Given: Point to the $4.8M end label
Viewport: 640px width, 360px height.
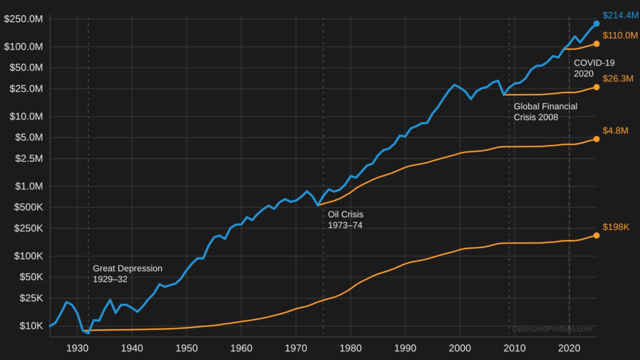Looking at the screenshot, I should pyautogui.click(x=615, y=131).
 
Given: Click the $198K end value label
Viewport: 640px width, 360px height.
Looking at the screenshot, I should pyautogui.click(x=616, y=227).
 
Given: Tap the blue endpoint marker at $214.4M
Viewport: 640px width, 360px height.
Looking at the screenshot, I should pyautogui.click(x=596, y=24).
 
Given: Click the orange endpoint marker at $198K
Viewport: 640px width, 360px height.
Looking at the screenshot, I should pyautogui.click(x=596, y=236).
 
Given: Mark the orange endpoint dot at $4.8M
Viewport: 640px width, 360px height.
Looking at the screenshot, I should pyautogui.click(x=596, y=139).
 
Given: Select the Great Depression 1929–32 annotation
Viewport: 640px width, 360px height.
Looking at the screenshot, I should pyautogui.click(x=127, y=274).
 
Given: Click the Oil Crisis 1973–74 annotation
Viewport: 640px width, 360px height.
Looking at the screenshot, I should pyautogui.click(x=346, y=219).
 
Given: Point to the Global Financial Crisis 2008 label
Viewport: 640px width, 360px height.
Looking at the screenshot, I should pyautogui.click(x=545, y=111).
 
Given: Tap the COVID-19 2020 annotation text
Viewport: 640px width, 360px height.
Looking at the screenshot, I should pyautogui.click(x=594, y=68).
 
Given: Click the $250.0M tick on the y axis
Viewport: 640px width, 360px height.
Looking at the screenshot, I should pyautogui.click(x=24, y=19).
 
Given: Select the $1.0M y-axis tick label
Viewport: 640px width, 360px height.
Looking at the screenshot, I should pyautogui.click(x=28, y=186).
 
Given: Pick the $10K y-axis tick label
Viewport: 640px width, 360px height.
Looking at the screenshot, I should pyautogui.click(x=31, y=326).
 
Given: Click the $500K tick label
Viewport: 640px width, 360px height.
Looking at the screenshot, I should pyautogui.click(x=28, y=207).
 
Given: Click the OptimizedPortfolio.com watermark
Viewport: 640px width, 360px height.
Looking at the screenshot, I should pyautogui.click(x=551, y=329).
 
